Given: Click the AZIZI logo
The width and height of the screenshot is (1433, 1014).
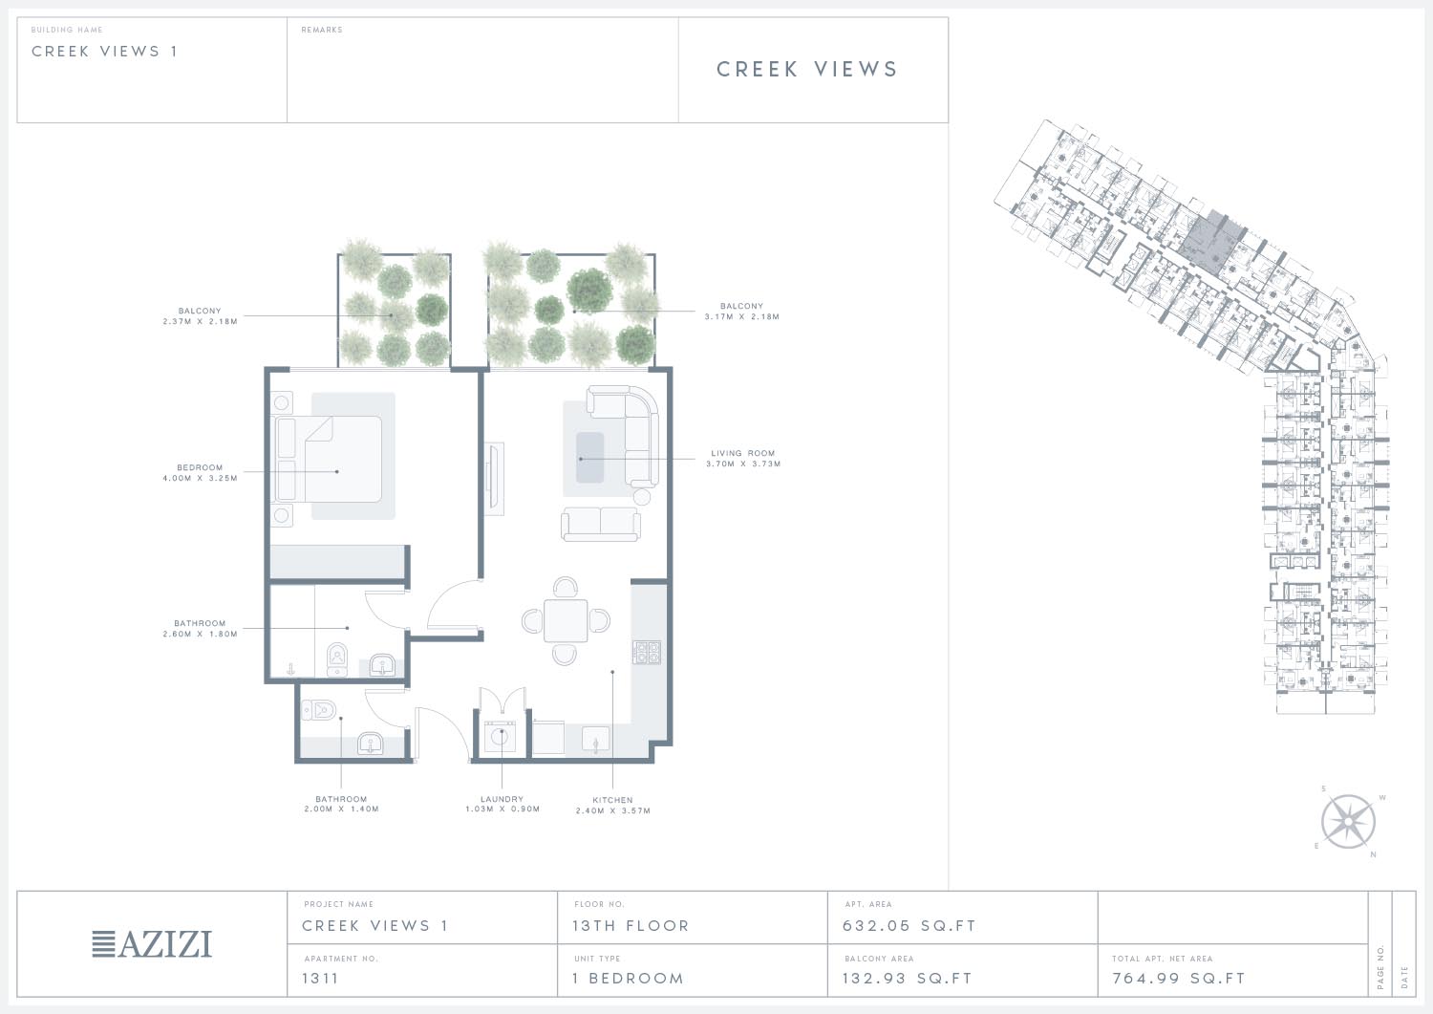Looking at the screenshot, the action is click(x=152, y=944).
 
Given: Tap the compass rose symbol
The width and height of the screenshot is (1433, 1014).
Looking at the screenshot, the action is click(x=1348, y=821).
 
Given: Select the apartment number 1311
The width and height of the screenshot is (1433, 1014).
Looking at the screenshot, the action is click(x=320, y=978).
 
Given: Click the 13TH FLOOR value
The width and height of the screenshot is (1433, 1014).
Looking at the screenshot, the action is click(x=631, y=926).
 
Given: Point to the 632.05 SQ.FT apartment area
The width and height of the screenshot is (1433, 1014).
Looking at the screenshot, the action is click(x=909, y=926).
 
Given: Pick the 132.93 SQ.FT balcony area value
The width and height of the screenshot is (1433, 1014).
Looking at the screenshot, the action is click(x=908, y=978).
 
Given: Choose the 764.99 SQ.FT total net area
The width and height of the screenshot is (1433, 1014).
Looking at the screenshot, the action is click(x=1179, y=978).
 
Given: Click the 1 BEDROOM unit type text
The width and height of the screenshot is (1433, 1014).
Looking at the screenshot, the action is click(x=629, y=978).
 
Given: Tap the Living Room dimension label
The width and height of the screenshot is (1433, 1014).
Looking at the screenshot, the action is click(x=743, y=459).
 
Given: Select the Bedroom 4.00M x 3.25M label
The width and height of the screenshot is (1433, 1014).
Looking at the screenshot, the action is click(x=201, y=472).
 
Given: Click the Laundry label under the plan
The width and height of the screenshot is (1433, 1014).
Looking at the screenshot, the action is click(x=503, y=804).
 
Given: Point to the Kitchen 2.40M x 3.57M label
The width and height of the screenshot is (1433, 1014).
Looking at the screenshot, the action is click(x=613, y=806).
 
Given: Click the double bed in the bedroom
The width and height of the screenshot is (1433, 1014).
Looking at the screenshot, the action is click(x=329, y=459).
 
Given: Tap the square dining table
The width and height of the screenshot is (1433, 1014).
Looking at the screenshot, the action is click(x=566, y=620).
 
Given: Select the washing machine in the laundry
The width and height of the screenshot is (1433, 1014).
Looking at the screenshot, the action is click(x=500, y=738).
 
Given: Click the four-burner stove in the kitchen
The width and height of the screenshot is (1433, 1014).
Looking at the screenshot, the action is click(x=647, y=653).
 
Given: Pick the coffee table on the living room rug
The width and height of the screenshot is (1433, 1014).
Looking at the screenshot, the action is click(x=589, y=457).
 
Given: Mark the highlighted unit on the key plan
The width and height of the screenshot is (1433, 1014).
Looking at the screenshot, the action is click(x=1213, y=241).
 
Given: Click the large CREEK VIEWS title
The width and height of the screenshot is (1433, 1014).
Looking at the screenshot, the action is click(x=807, y=69).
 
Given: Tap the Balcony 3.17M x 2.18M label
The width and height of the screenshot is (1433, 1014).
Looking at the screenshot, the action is click(x=742, y=312).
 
